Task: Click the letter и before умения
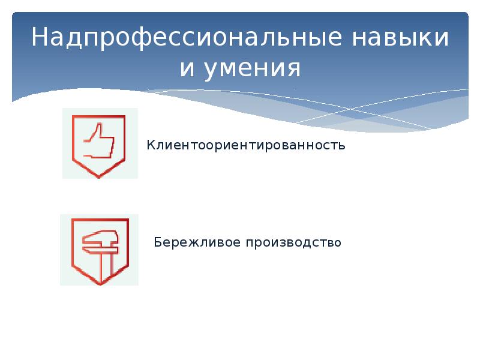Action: tap(187, 70)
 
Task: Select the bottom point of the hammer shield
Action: tap(98, 283)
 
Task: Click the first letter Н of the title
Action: tap(40, 38)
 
